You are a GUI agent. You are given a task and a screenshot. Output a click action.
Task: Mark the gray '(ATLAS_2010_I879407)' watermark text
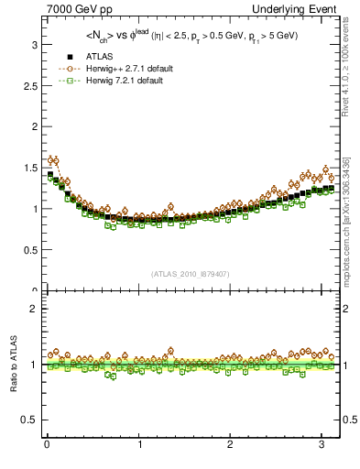[191, 273]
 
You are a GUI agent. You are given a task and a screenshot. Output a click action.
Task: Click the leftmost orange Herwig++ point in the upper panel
[49, 159]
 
